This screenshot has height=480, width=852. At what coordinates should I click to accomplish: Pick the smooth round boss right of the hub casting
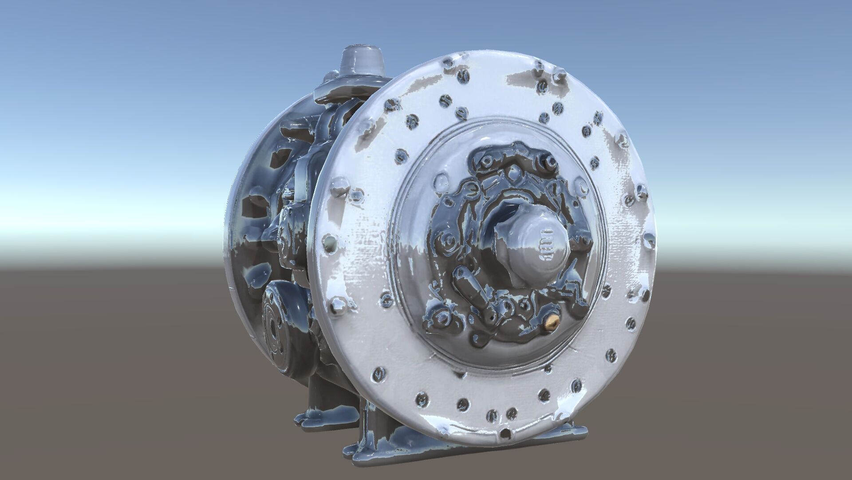(581, 187)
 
